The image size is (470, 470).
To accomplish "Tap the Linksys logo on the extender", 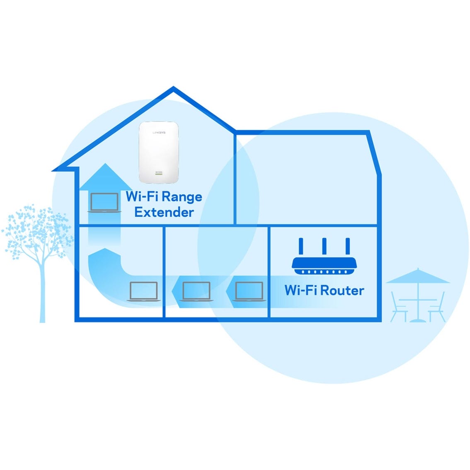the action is coord(159,133).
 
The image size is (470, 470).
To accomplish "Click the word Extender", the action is coord(164,212).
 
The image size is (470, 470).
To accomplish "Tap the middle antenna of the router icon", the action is coord(325,247).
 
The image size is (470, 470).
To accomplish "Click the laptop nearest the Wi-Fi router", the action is coord(249,292).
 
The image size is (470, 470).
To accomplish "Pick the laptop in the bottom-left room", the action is coord(143,292).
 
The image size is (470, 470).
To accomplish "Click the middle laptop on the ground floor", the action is coord(196,292).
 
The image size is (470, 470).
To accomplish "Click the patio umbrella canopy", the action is coord(417,276).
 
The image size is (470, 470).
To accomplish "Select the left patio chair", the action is coord(399,307).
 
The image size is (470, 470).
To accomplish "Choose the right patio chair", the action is coord(437,307).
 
